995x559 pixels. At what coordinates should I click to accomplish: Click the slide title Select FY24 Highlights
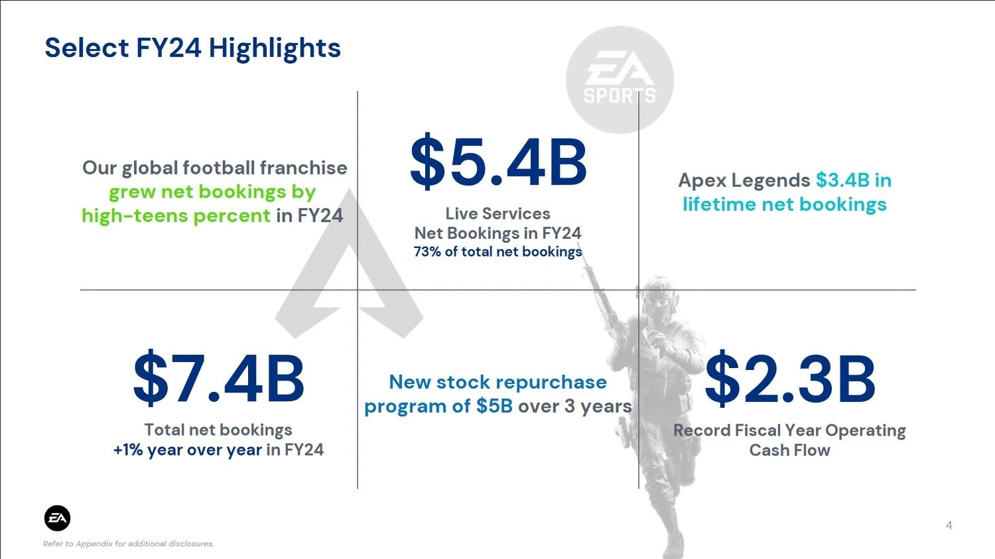[x=193, y=48]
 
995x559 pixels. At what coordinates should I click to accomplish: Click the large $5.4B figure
[x=498, y=162]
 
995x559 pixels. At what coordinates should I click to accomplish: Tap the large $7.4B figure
[x=218, y=378]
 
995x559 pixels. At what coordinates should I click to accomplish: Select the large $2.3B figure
[x=790, y=378]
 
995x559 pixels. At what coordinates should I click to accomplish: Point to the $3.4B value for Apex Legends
[x=842, y=180]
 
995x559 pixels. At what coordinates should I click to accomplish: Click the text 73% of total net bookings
[x=498, y=252]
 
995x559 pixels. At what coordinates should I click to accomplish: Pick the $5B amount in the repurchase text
[x=494, y=406]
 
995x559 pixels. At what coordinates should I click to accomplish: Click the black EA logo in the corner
[x=57, y=518]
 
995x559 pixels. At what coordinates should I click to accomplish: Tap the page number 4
[x=949, y=526]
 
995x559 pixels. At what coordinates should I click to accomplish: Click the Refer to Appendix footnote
[x=129, y=544]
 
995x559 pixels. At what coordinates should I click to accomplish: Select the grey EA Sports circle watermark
[x=620, y=80]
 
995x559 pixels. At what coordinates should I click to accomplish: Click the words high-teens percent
[x=176, y=216]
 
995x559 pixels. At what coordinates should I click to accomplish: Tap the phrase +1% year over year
[x=188, y=450]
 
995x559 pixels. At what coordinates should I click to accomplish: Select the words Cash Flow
[x=790, y=450]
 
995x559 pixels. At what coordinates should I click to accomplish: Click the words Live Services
[x=498, y=214]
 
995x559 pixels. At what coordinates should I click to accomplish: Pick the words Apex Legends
[x=744, y=180]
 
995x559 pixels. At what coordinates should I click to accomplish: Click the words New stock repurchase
[x=498, y=382]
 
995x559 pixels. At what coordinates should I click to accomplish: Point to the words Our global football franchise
[x=214, y=168]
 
